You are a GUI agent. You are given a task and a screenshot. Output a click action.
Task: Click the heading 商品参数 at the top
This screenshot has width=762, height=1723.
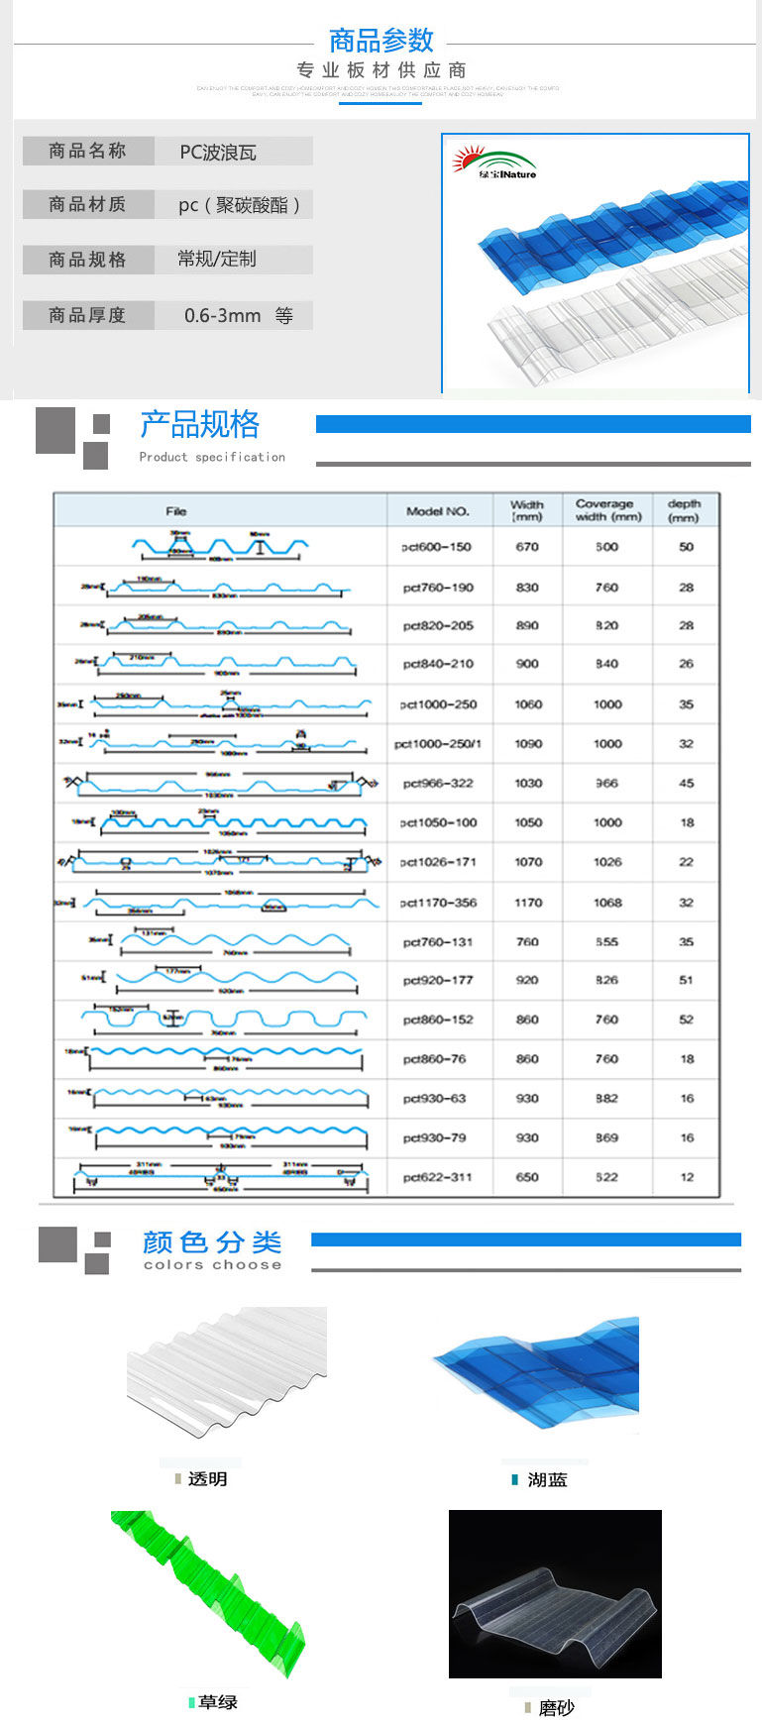tap(381, 41)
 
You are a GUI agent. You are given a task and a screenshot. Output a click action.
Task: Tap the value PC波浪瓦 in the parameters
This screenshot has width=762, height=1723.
tap(218, 153)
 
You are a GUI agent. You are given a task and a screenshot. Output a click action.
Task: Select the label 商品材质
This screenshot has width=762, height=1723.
tap(87, 205)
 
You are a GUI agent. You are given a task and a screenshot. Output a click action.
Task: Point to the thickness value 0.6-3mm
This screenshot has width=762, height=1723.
tap(223, 316)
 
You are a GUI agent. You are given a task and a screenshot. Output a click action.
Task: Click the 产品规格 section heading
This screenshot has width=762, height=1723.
tap(199, 425)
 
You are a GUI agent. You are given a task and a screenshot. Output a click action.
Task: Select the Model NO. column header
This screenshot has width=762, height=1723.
tap(437, 511)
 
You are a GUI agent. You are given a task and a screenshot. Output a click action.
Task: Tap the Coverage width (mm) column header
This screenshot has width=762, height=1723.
tap(607, 510)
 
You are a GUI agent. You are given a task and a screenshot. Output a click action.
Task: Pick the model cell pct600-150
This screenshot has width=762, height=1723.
tap(436, 547)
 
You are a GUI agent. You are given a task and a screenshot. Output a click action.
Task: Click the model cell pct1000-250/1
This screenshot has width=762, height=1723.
tap(438, 744)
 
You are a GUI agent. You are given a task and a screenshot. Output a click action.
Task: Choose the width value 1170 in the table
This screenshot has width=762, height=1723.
tap(528, 903)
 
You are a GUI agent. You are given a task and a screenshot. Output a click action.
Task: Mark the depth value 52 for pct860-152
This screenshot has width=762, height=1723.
tap(687, 1020)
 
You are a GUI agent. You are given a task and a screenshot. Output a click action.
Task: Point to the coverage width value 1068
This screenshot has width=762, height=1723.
tap(607, 903)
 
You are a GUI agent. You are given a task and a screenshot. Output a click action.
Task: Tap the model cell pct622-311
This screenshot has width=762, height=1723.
tap(437, 1177)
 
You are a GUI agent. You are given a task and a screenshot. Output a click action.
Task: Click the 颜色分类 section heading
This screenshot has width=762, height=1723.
tap(212, 1242)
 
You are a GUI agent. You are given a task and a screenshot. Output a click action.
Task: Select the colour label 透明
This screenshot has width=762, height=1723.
tap(207, 1479)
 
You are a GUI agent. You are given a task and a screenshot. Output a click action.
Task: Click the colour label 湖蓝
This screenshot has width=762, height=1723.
tap(547, 1480)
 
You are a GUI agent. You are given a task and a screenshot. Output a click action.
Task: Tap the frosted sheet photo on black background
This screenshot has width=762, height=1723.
tap(555, 1593)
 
